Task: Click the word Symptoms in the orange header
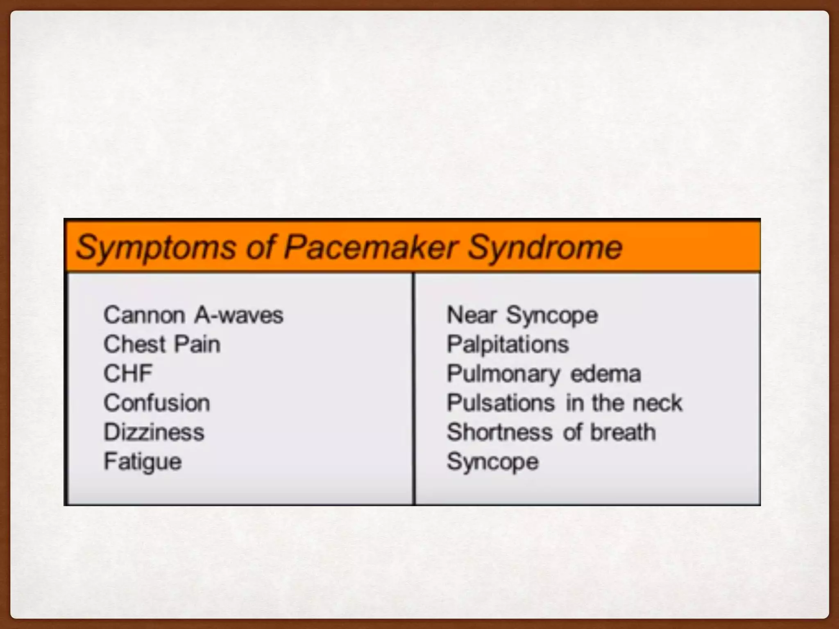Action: (156, 247)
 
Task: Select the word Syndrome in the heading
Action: (545, 247)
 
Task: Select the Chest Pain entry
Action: (162, 344)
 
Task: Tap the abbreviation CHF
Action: (128, 373)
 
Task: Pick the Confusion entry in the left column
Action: (157, 403)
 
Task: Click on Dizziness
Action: (154, 432)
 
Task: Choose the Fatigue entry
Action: (143, 462)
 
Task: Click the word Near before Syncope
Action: (472, 315)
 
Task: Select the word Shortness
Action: (499, 432)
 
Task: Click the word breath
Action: (623, 432)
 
